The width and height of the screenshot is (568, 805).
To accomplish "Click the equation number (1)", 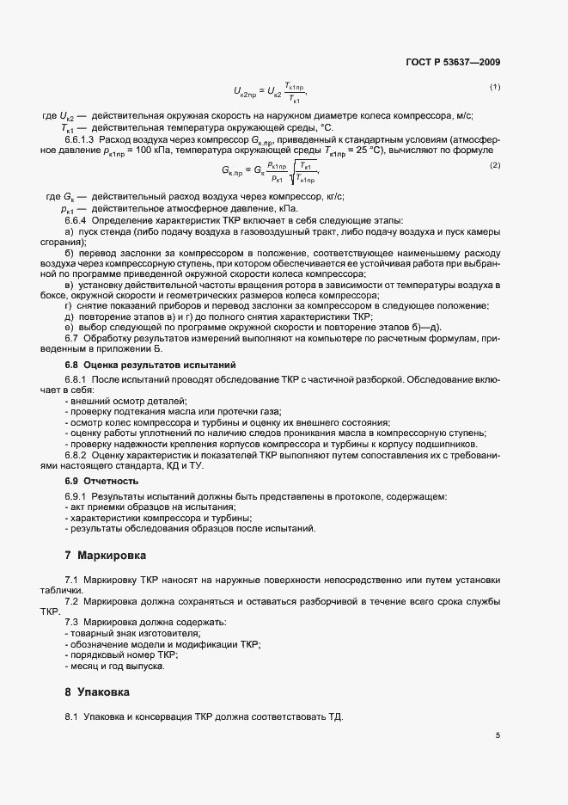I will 495,87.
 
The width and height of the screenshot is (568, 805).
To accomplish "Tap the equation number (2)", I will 495,164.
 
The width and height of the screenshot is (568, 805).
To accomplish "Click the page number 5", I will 498,734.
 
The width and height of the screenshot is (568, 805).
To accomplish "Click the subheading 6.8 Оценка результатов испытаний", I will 138,366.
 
